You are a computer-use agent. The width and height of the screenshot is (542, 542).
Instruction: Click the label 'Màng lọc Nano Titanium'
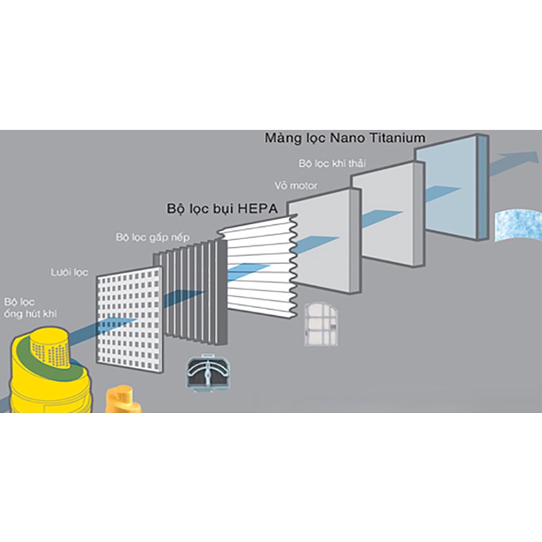point(345,138)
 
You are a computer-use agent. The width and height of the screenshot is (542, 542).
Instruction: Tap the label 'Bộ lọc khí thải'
point(332,164)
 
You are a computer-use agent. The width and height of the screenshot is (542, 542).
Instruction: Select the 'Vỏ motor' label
point(296,186)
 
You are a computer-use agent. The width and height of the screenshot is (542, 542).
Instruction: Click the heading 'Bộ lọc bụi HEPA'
point(222,208)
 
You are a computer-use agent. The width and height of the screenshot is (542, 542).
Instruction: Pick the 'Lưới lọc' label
point(69,273)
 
